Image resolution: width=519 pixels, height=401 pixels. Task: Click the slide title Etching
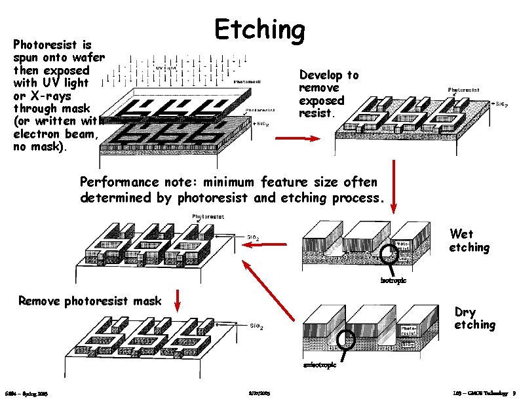pos(260,29)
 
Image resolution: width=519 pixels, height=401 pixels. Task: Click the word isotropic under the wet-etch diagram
pos(394,281)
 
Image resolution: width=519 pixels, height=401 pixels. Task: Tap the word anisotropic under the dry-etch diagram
pos(320,365)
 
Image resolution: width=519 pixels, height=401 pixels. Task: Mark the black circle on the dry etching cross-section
pos(345,339)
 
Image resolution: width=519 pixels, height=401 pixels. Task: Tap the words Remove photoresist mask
pos(90,301)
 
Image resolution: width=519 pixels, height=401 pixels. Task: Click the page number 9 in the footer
pos(514,393)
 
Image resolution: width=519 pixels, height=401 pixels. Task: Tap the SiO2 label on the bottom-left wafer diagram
pos(258,326)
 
